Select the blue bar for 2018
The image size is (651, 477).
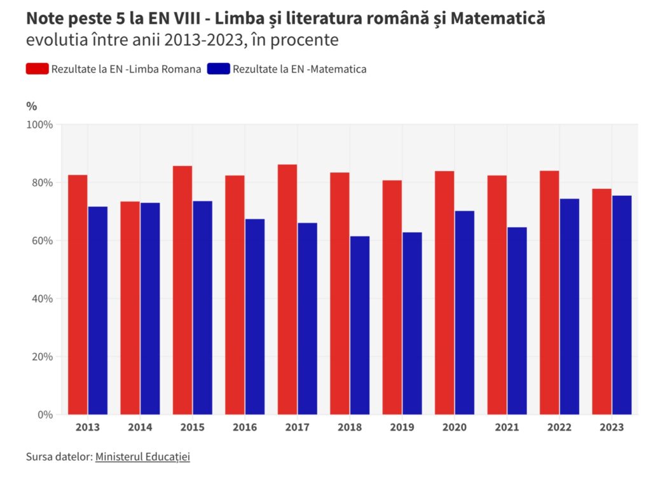pyautogui.click(x=359, y=325)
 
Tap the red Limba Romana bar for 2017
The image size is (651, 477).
pyautogui.click(x=287, y=289)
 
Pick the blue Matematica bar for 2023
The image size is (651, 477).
pyautogui.click(x=621, y=305)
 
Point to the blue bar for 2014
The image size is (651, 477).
pyautogui.click(x=150, y=308)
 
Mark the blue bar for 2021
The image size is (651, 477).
pyautogui.click(x=517, y=321)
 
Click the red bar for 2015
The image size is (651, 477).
pyautogui.click(x=182, y=290)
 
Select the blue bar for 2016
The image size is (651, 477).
pyautogui.click(x=255, y=317)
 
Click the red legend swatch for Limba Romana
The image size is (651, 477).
pyautogui.click(x=37, y=69)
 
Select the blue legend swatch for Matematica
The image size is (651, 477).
pyautogui.click(x=218, y=69)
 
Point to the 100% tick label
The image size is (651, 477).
pyautogui.click(x=39, y=124)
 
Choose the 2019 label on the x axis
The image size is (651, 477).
pyautogui.click(x=402, y=427)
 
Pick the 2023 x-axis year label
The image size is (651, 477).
pyautogui.click(x=612, y=427)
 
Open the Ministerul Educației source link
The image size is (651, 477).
pyautogui.click(x=142, y=457)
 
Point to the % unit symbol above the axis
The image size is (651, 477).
pyautogui.click(x=32, y=106)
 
